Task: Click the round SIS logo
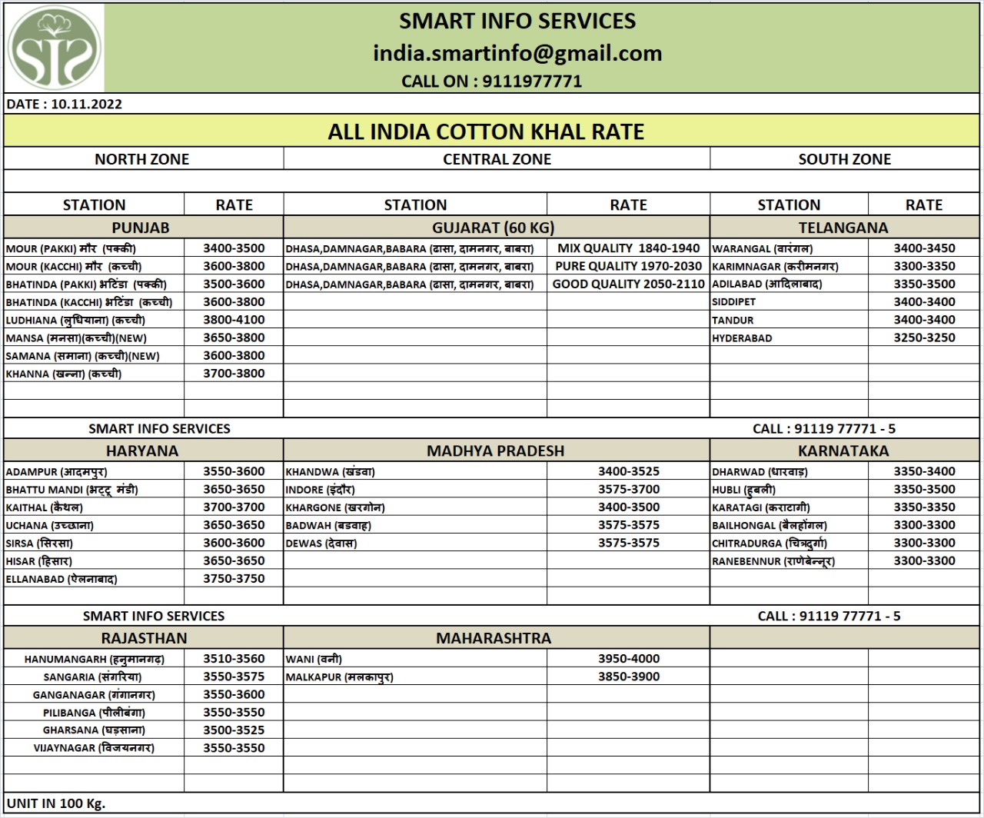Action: pos(55,48)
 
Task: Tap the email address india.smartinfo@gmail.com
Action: pos(517,53)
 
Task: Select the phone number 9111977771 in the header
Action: pos(531,81)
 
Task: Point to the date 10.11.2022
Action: pos(87,105)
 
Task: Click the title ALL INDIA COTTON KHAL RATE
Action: pos(486,131)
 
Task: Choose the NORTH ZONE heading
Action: pos(141,159)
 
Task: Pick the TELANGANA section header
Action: pos(843,228)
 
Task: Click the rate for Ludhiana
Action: pos(234,320)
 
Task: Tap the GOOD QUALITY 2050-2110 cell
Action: pos(628,284)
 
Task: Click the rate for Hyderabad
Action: pos(924,338)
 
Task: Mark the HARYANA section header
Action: pos(142,451)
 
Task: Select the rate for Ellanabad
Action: pos(234,579)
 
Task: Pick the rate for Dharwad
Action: pos(924,471)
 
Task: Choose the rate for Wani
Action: pos(628,659)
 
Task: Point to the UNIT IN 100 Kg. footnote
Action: pos(56,803)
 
